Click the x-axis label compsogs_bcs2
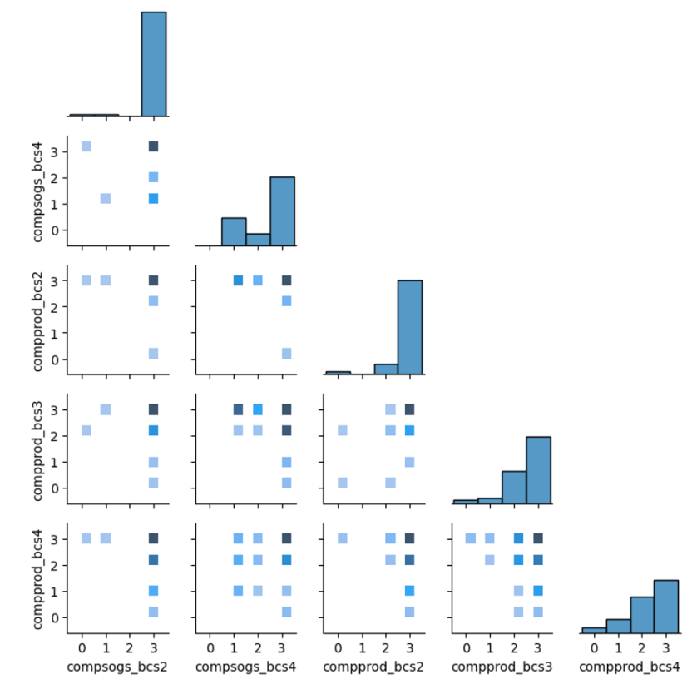point(117,667)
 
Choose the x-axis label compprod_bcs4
point(629,667)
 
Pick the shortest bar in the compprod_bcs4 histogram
point(594,630)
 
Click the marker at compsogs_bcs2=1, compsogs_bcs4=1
point(106,198)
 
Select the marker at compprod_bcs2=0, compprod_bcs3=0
point(342,483)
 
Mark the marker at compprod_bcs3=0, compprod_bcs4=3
point(470,539)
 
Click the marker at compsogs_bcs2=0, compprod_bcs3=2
point(86,430)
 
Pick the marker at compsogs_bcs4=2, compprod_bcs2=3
point(257,280)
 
